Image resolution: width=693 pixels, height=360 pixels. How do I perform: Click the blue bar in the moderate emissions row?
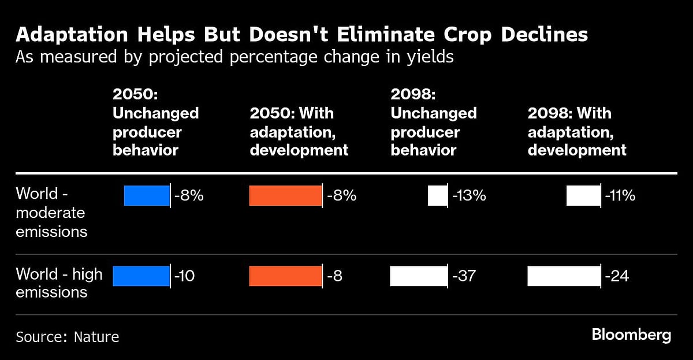(x=147, y=196)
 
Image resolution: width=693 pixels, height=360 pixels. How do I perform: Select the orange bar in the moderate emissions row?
(x=285, y=196)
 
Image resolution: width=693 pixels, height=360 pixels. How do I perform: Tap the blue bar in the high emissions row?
(x=141, y=276)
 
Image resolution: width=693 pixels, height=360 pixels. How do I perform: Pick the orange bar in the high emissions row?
(x=285, y=276)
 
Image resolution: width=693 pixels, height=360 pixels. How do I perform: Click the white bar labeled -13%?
(x=437, y=196)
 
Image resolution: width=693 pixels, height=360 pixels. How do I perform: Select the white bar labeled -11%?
(x=583, y=196)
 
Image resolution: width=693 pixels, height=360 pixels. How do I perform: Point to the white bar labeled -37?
(x=419, y=276)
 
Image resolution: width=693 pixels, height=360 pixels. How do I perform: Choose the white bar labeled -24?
(x=564, y=276)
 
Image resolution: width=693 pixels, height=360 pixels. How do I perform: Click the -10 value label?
(x=185, y=276)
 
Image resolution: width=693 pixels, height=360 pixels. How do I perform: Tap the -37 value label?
(x=464, y=276)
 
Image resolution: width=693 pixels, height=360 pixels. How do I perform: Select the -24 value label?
(x=617, y=276)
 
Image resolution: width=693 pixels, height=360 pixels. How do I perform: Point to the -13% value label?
(x=469, y=196)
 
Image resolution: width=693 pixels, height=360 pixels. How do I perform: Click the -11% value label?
(x=620, y=196)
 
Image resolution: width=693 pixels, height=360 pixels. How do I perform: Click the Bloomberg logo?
(x=631, y=335)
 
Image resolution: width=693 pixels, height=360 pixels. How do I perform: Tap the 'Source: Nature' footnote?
(x=67, y=337)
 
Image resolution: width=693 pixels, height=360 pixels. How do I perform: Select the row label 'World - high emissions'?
(x=59, y=283)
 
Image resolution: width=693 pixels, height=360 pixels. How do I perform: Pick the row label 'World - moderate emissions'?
(x=51, y=212)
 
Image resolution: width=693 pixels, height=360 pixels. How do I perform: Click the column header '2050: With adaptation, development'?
(x=299, y=131)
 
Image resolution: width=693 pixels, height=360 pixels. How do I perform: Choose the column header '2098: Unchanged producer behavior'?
(x=433, y=123)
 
